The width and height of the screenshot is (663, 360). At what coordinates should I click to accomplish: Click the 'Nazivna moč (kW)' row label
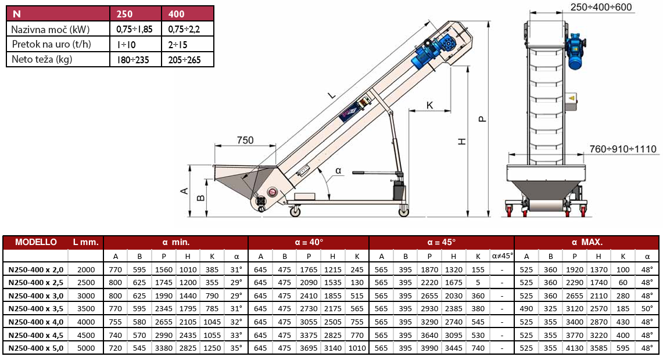[x=51, y=30]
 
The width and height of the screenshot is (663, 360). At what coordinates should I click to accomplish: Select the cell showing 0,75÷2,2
[x=184, y=30]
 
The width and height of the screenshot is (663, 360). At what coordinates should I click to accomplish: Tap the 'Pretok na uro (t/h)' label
[x=51, y=44]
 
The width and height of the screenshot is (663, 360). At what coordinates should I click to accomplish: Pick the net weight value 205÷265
[x=184, y=60]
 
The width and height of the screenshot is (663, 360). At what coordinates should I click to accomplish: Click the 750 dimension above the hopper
[x=245, y=141]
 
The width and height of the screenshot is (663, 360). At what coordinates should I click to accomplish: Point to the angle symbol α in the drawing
[x=338, y=171]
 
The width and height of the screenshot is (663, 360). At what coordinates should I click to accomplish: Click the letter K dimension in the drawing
[x=429, y=105]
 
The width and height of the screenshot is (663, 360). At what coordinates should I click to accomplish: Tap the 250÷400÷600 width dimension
[x=601, y=7]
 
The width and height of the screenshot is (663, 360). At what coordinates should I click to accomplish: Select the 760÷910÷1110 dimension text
[x=623, y=149]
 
